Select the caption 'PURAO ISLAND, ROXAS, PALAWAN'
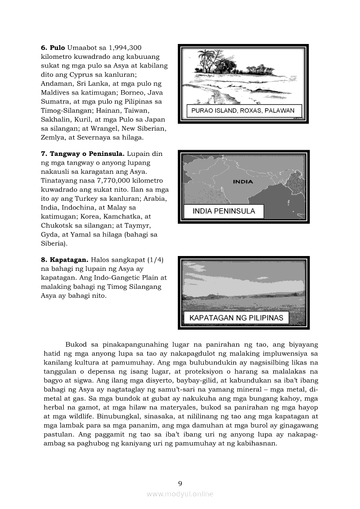pyautogui.click(x=243, y=111)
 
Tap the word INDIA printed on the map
pyautogui.click(x=243, y=182)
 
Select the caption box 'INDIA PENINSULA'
pyautogui.click(x=224, y=212)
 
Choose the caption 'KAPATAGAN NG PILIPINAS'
pyautogui.click(x=236, y=318)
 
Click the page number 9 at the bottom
pyautogui.click(x=180, y=483)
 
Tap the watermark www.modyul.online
pyautogui.click(x=180, y=494)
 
